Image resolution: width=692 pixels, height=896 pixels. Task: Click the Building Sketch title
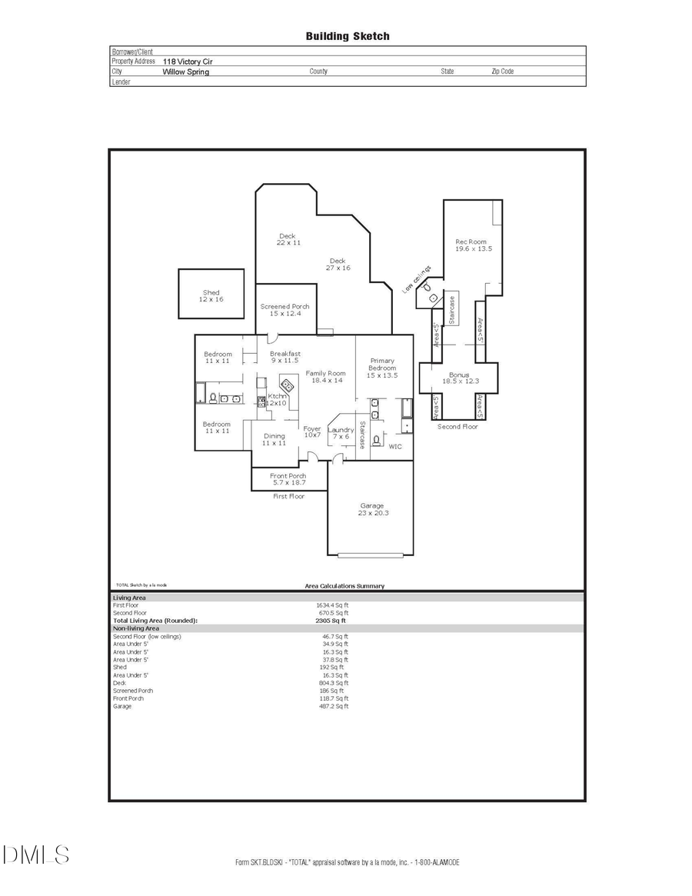(x=348, y=36)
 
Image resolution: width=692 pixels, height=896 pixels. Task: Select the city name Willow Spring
(x=185, y=72)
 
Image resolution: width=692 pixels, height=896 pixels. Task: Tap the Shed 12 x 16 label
(x=211, y=296)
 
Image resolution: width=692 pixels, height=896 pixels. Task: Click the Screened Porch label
(x=284, y=310)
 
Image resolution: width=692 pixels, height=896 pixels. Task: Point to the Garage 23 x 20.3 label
(x=372, y=509)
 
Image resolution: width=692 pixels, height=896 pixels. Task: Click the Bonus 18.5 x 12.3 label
(x=460, y=378)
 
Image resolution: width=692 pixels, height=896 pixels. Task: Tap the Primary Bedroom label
(x=382, y=368)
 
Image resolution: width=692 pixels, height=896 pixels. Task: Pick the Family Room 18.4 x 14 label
(x=325, y=377)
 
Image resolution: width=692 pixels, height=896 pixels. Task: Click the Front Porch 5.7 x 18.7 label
(x=288, y=479)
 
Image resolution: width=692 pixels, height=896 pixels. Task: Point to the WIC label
(x=395, y=446)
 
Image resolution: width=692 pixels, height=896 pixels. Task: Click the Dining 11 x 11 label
(x=274, y=440)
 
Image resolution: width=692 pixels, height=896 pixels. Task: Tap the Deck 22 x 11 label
(x=288, y=239)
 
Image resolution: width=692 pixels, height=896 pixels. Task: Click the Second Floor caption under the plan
(x=457, y=426)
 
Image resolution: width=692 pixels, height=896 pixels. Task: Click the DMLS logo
(x=35, y=854)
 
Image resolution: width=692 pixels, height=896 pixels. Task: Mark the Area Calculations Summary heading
(x=344, y=586)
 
